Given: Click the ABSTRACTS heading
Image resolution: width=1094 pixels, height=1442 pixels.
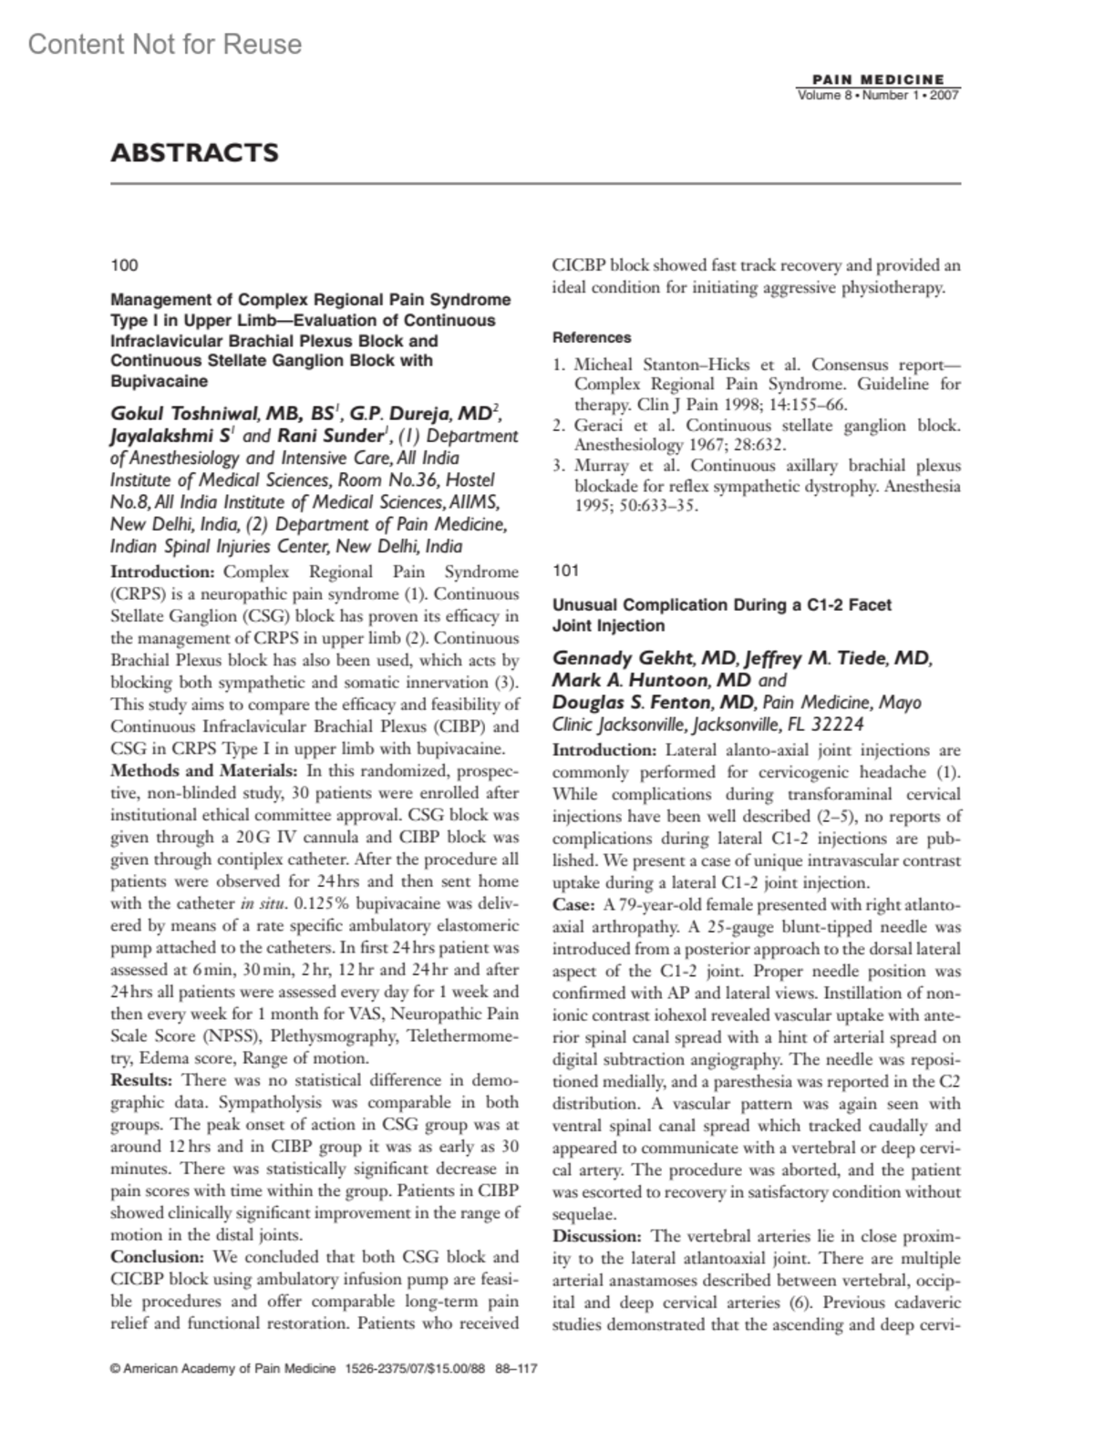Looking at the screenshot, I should click(x=194, y=152).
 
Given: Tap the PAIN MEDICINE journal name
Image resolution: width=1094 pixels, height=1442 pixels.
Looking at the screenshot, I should click(x=878, y=80).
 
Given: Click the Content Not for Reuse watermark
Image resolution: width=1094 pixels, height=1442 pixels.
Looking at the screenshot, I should click(x=165, y=44).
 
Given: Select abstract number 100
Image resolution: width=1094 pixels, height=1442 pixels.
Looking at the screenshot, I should click(x=124, y=265).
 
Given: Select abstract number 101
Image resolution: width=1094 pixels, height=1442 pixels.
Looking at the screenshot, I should click(x=566, y=571).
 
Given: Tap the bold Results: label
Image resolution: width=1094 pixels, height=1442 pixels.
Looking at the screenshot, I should click(x=143, y=1080).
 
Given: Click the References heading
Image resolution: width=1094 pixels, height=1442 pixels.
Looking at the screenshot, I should click(x=592, y=337).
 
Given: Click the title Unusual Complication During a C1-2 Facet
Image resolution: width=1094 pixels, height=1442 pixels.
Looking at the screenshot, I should click(x=722, y=604).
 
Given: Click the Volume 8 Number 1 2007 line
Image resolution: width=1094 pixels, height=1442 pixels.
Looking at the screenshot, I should click(x=878, y=96).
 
